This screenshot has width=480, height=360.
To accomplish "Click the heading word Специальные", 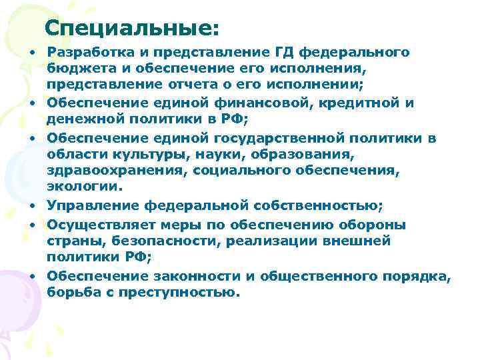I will (132, 28).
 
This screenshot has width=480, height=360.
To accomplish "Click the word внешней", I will (359, 240).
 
